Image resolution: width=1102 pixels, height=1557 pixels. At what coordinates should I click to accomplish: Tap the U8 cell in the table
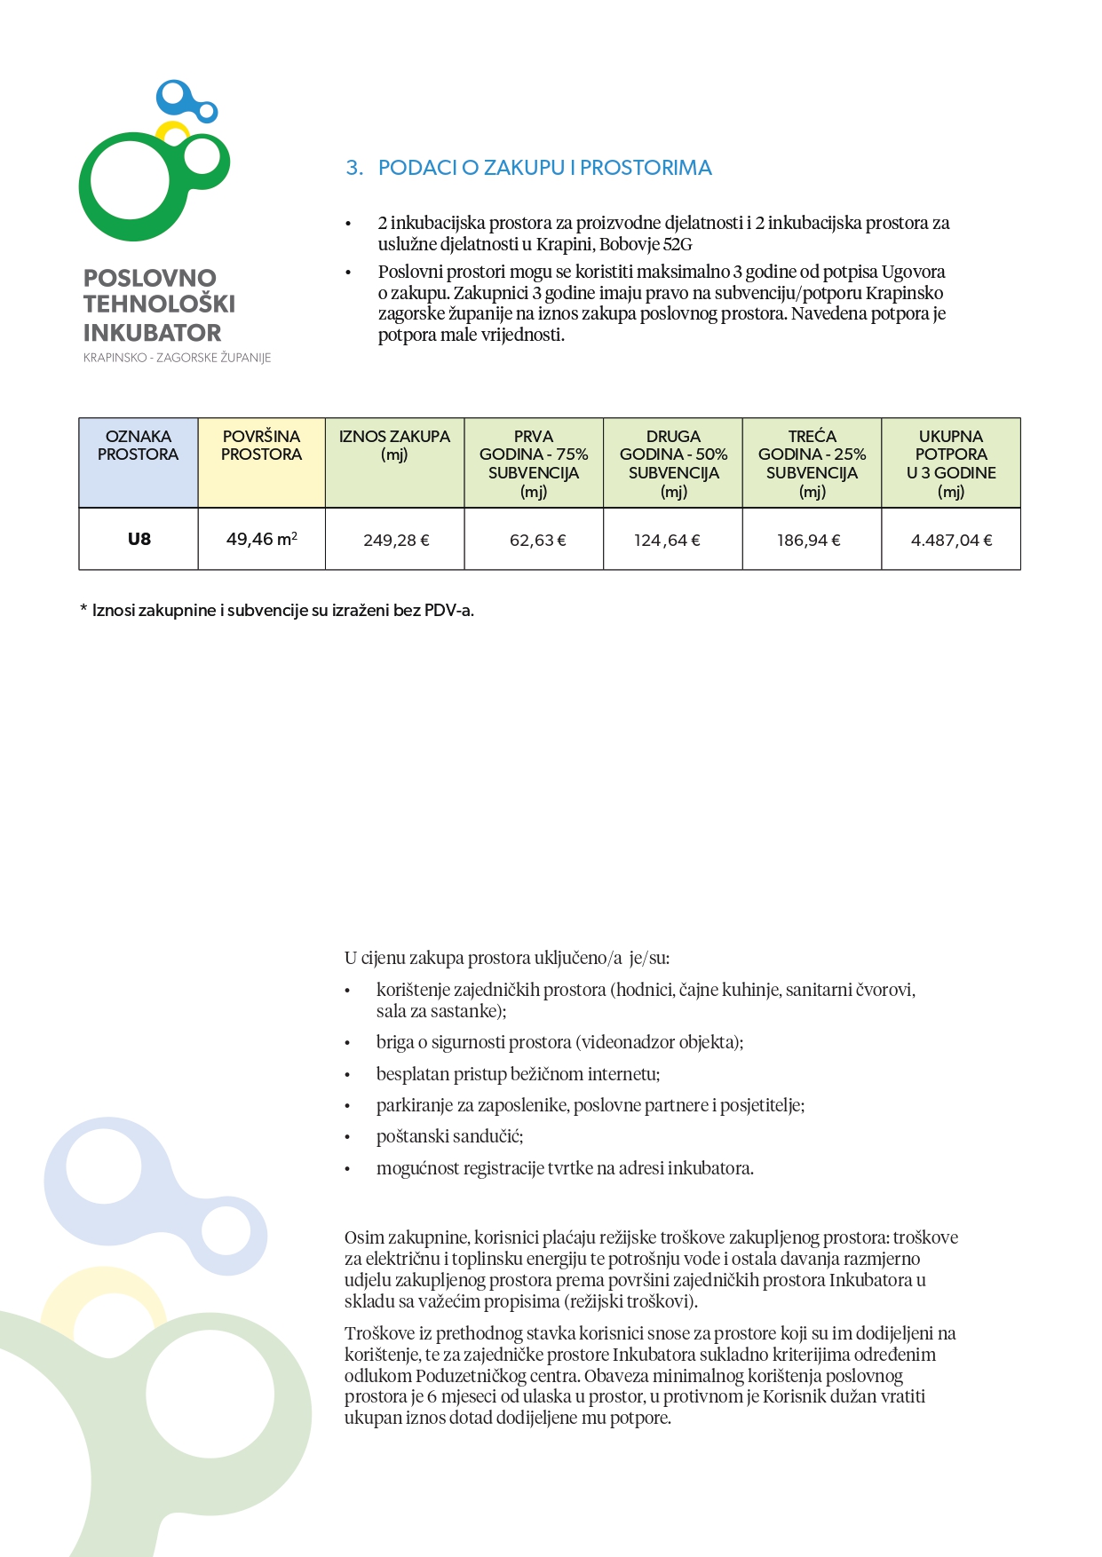click(139, 539)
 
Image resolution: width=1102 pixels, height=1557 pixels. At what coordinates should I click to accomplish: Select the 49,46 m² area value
click(261, 539)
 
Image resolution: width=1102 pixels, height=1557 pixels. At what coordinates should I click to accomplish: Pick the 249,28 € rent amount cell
click(396, 540)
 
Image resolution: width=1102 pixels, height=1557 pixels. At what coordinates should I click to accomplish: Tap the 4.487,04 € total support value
click(951, 540)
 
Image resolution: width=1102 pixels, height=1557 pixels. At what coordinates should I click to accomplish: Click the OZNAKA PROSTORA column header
click(139, 446)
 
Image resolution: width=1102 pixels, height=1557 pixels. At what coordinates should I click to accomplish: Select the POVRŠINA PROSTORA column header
click(261, 446)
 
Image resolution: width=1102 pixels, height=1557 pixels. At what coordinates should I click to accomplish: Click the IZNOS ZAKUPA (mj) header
click(394, 446)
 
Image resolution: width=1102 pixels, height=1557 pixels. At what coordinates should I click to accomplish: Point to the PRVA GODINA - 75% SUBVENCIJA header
click(534, 463)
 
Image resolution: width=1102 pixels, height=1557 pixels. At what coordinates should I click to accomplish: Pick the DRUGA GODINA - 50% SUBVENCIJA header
click(673, 463)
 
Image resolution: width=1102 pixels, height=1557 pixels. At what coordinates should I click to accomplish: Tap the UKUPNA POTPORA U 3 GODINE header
click(951, 463)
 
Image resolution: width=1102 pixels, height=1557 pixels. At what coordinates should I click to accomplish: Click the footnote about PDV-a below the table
click(277, 611)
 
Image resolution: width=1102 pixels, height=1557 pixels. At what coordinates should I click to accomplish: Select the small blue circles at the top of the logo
click(184, 100)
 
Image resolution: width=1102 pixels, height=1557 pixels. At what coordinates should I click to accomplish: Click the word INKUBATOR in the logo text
click(152, 333)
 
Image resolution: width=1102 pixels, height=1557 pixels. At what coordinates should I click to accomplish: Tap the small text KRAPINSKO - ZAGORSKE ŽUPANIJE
click(177, 358)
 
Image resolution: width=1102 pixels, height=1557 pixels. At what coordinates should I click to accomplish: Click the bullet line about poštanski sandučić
click(449, 1137)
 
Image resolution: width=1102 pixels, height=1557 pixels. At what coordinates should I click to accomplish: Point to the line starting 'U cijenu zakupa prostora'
click(507, 959)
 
